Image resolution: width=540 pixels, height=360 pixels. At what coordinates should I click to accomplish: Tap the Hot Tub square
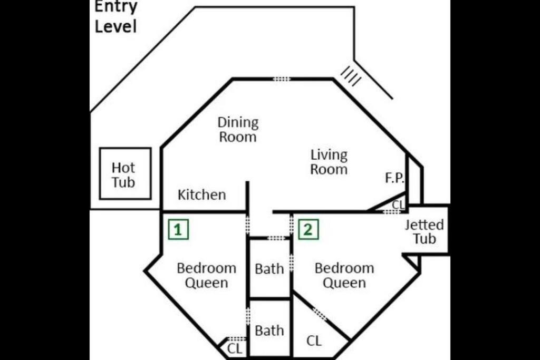click(x=126, y=148)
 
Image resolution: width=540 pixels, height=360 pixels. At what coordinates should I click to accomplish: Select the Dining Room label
click(x=238, y=130)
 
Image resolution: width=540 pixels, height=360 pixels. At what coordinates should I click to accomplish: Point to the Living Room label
click(x=329, y=162)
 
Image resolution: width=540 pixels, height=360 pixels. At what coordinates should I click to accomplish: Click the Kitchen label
click(x=202, y=195)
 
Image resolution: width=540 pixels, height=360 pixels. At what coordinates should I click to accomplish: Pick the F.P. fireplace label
click(x=394, y=178)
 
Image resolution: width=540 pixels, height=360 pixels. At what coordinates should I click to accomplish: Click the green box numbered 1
click(x=178, y=229)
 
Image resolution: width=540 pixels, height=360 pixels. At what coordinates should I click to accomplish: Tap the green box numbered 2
click(x=308, y=229)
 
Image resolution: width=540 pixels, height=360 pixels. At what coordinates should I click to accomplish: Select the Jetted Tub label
click(x=425, y=231)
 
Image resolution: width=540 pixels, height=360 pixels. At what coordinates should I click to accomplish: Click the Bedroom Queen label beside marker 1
click(x=207, y=275)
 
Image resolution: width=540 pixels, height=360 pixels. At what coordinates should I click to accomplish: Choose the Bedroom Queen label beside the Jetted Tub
click(x=344, y=275)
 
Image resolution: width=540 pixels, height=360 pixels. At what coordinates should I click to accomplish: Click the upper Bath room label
click(x=269, y=269)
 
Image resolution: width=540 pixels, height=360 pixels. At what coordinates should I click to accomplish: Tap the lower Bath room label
click(x=269, y=330)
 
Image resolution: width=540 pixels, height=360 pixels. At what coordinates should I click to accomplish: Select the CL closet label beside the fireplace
click(x=399, y=205)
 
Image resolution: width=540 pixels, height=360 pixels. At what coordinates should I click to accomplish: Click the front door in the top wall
click(x=282, y=79)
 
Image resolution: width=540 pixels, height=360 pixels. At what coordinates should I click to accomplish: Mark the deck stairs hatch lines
click(x=351, y=76)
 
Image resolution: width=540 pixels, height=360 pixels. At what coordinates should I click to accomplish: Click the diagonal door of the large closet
click(x=320, y=314)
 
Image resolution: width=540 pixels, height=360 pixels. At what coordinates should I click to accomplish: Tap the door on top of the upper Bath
click(x=276, y=238)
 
